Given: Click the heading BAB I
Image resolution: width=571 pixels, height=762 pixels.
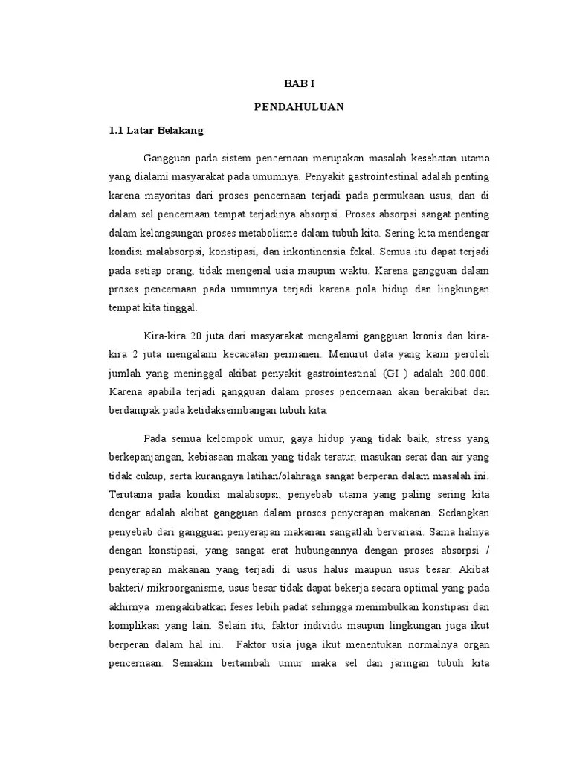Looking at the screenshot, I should pos(299,86).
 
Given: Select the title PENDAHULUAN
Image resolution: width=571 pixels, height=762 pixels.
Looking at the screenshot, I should pos(299,107).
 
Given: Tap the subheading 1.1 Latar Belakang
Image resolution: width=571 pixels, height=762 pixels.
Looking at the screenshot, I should pos(156,129).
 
